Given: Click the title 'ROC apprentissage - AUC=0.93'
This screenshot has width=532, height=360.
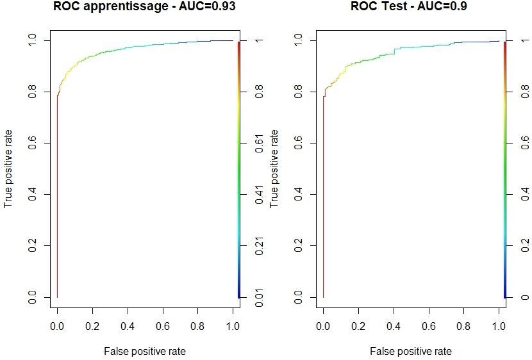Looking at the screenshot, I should click(144, 7).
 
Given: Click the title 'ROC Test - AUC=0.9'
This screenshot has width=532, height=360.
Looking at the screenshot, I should click(410, 7).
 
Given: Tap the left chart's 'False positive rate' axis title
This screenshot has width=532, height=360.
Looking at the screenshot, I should click(144, 351).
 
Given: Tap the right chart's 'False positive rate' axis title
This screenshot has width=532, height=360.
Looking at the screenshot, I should click(410, 351).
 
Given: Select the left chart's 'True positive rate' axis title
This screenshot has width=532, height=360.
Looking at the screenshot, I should click(8, 168).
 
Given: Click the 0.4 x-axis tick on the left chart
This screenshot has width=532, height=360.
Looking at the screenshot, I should click(128, 327).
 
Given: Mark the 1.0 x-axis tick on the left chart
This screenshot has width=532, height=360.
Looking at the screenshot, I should click(233, 327).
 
